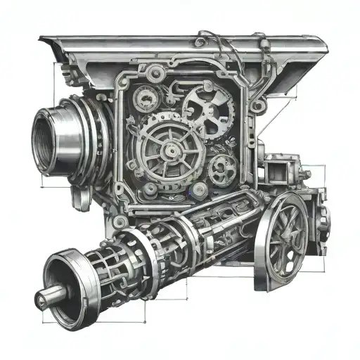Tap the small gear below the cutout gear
(x=222, y=167)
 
